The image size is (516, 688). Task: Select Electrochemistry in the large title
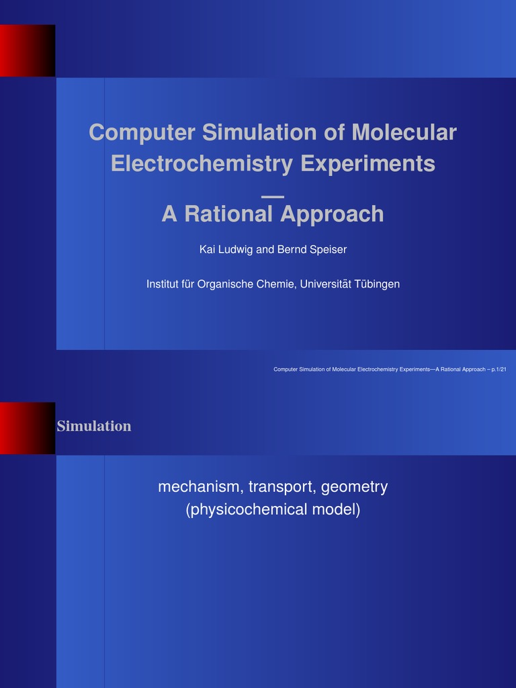[202, 163]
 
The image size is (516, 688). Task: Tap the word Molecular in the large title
[403, 132]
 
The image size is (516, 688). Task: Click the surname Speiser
[325, 250]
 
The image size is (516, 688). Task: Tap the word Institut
[163, 284]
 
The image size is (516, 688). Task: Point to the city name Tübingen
[378, 284]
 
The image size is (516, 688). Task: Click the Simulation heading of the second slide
[94, 426]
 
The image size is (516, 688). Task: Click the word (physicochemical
[246, 510]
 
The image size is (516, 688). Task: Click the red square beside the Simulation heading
[27, 428]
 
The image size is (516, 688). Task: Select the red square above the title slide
[27, 50]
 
